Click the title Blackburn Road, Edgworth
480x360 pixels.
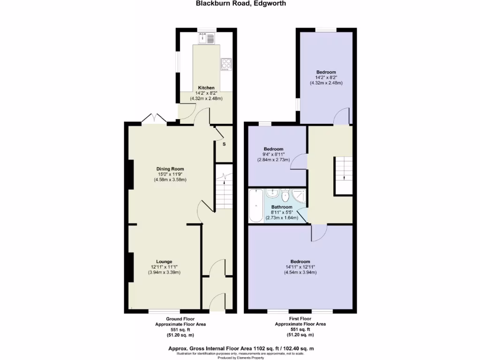[240, 3]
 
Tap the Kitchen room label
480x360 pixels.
[206, 88]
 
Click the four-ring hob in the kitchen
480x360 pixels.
[226, 63]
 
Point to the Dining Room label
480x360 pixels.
[170, 169]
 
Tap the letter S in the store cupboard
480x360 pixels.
[224, 144]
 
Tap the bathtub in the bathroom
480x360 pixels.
[256, 206]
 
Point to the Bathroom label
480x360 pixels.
[282, 207]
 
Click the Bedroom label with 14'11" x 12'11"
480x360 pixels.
[300, 262]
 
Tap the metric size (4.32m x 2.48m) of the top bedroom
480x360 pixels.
[326, 83]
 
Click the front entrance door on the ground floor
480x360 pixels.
[217, 302]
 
